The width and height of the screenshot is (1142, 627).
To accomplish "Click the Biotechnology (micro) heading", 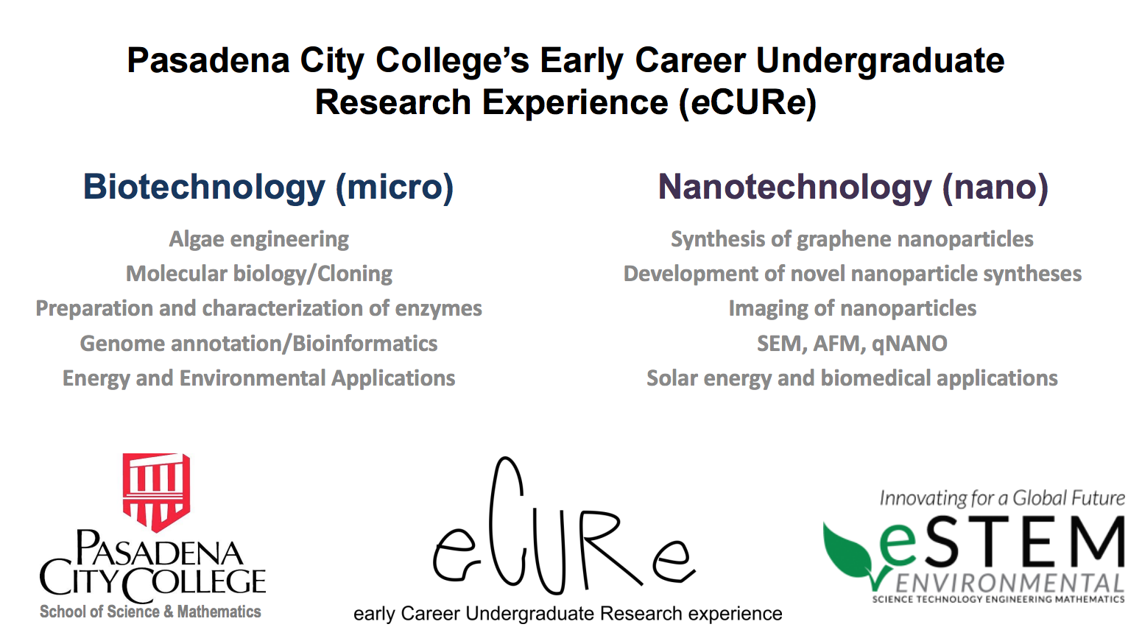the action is (x=268, y=188).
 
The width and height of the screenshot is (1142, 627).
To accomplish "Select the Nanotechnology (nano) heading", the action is (x=853, y=188).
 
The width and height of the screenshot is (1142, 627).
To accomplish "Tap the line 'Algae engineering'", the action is (x=259, y=240).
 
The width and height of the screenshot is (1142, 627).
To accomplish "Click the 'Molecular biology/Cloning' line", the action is (x=259, y=274).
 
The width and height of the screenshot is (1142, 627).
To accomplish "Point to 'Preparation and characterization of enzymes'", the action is (x=258, y=309).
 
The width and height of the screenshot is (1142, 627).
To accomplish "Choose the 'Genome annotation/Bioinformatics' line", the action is (x=258, y=344).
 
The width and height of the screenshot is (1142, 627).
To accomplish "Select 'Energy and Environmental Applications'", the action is (x=258, y=379).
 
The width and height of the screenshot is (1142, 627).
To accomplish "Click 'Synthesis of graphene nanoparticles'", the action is (x=852, y=240).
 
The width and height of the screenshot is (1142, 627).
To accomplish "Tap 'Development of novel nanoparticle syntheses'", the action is (x=853, y=274).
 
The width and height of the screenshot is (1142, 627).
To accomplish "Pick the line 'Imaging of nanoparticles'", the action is (x=853, y=309).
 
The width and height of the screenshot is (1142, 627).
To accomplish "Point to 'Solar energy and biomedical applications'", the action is (x=852, y=379).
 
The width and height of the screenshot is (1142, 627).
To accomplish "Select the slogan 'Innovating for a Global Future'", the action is (x=1002, y=498).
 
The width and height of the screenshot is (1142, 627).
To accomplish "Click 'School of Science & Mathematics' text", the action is (x=150, y=612).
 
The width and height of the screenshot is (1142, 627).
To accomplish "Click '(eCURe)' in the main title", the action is (x=747, y=102).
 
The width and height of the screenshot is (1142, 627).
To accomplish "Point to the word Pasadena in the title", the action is (x=208, y=60).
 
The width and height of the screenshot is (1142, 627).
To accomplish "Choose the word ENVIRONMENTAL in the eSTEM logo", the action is (x=1009, y=583).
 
